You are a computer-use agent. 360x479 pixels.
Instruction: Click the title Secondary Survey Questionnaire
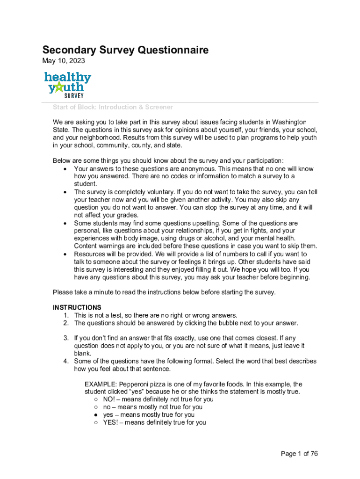(125, 50)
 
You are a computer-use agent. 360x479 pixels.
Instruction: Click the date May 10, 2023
(64, 61)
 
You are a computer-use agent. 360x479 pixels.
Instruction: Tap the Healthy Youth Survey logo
(68, 84)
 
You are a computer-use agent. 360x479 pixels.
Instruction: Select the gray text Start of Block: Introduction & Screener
(113, 107)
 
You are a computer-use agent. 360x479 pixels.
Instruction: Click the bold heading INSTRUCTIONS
(77, 307)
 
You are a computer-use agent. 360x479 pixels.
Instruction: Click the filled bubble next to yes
(95, 415)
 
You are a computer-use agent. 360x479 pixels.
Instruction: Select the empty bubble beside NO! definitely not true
(95, 399)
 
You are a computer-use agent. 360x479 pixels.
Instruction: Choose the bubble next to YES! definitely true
(95, 422)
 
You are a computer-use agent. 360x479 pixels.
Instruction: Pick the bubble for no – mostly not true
(95, 407)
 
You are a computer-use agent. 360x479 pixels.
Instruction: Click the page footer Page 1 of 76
(299, 454)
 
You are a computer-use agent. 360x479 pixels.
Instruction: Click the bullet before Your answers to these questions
(64, 169)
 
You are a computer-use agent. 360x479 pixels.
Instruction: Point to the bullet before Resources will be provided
(64, 254)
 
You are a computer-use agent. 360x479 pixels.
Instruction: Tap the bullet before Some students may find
(64, 224)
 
